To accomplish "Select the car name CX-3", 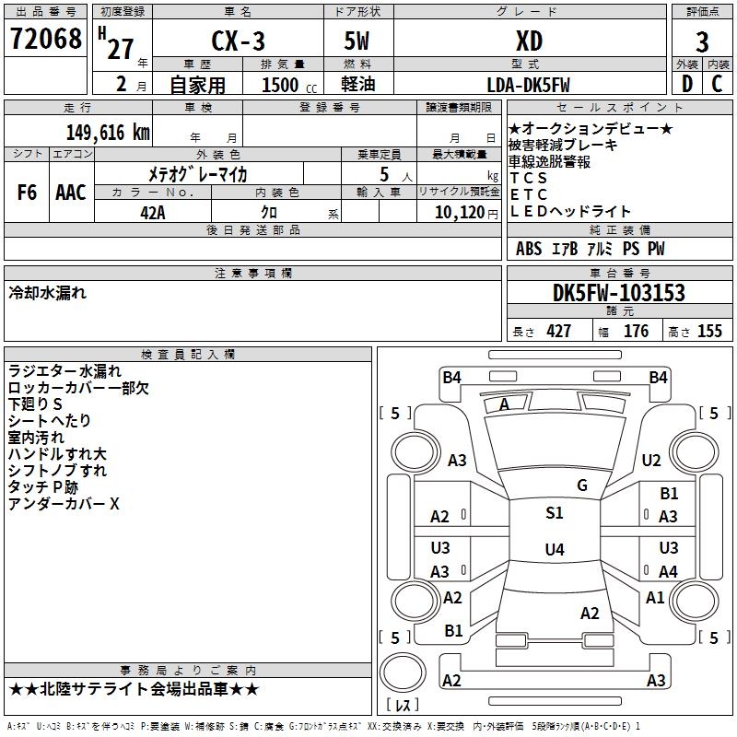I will tap(237, 41).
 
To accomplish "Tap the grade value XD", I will tap(529, 41).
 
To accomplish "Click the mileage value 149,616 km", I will tap(107, 132).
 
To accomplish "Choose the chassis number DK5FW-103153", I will tap(619, 294).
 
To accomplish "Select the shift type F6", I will tap(27, 193).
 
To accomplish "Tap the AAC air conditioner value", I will tap(71, 193).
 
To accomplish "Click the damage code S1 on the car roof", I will tap(554, 513).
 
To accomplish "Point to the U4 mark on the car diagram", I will tap(554, 550).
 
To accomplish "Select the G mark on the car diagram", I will tap(582, 485).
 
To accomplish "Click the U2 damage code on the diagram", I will tap(651, 461).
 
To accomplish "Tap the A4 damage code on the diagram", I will tap(668, 572).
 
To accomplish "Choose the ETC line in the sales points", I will tap(529, 194).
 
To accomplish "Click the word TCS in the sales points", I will tap(529, 178).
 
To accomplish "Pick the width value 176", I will tap(636, 332).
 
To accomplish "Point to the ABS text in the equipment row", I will tap(529, 249).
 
